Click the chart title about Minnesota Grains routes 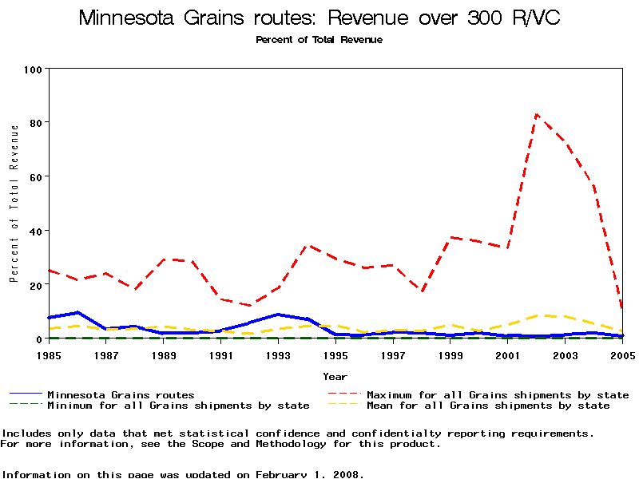(x=319, y=18)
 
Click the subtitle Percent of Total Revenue (x=319, y=40)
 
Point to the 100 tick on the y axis (x=33, y=69)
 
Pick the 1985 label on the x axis (x=49, y=354)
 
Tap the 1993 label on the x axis (x=278, y=354)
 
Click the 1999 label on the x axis (x=450, y=354)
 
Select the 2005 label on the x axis (x=622, y=354)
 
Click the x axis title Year (x=335, y=376)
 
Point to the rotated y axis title (x=14, y=204)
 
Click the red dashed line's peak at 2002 (x=537, y=114)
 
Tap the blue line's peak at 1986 (x=77, y=312)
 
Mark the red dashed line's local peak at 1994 (x=307, y=246)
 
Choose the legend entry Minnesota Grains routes (x=120, y=394)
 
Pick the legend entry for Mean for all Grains (x=487, y=406)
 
